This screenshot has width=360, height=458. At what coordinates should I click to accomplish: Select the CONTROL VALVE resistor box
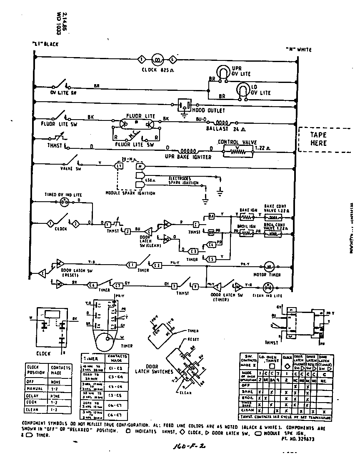click(x=237, y=152)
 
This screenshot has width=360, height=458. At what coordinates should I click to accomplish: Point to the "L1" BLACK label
click(x=45, y=44)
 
